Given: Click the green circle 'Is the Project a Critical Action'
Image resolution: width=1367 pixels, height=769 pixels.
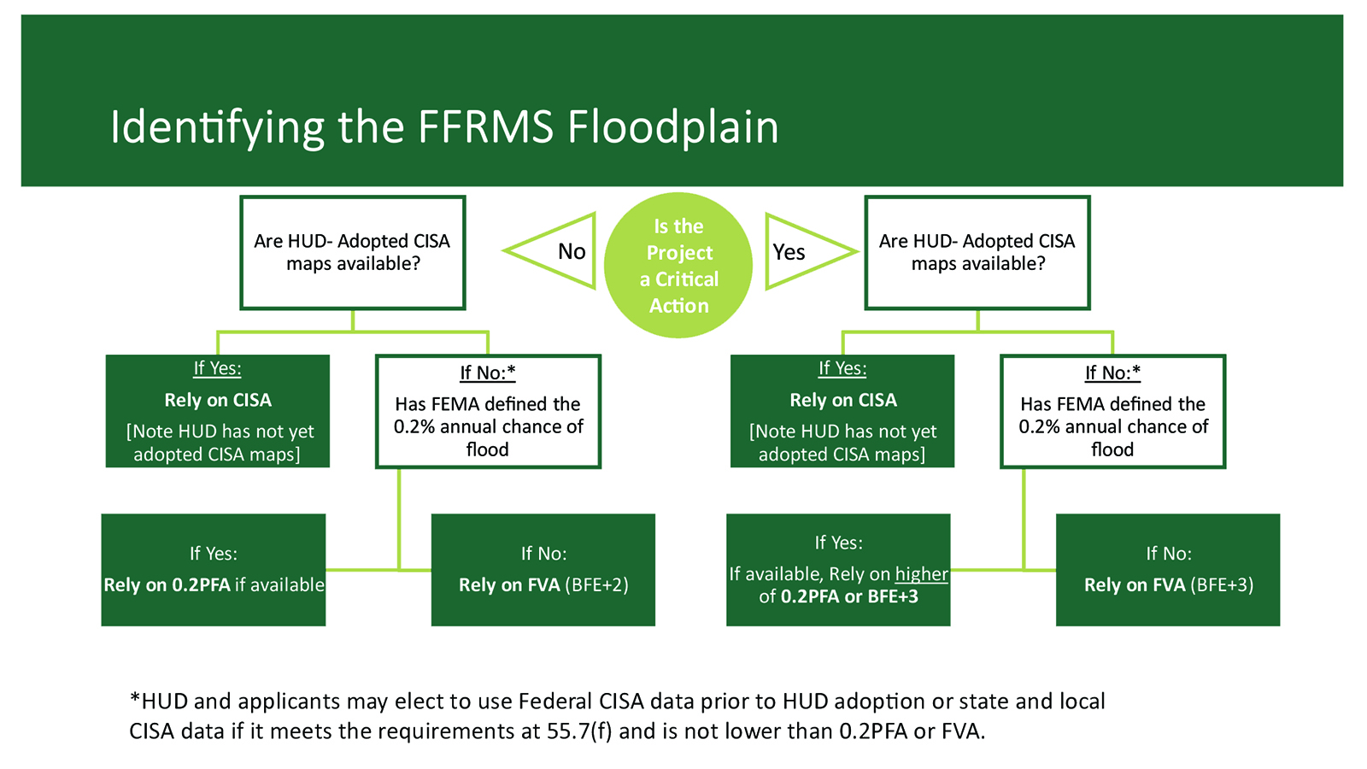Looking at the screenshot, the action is [678, 265].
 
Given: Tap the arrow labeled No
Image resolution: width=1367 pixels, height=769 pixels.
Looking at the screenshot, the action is [549, 251].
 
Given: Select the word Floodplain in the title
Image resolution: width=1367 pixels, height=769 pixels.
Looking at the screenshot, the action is [673, 128].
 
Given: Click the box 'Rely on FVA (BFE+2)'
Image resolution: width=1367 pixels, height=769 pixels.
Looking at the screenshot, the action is [543, 569].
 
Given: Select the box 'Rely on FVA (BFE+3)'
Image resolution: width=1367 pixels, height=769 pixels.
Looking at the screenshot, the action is [1168, 569].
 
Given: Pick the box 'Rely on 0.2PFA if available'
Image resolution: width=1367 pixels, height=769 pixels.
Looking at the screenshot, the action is [214, 569].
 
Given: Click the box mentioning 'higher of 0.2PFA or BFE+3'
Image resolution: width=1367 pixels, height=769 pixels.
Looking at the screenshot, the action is [838, 569].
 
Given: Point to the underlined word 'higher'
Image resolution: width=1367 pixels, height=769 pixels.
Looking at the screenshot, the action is [922, 574].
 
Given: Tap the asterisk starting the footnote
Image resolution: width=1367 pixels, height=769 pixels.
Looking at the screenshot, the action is [135, 697].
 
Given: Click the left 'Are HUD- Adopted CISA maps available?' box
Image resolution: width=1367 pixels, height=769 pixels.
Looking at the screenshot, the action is [353, 253].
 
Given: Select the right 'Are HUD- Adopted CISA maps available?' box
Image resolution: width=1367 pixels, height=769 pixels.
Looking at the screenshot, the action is [977, 253].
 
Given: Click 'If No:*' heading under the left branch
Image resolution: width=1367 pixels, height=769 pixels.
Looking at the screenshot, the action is [488, 373].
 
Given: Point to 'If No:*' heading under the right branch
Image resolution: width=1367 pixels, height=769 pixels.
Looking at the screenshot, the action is [1112, 373].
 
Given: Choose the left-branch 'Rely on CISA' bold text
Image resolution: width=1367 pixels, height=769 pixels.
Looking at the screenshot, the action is [218, 400].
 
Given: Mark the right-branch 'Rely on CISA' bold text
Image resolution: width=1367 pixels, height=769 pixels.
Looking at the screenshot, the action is [843, 400].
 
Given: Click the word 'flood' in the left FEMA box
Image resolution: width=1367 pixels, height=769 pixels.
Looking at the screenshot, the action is [487, 449].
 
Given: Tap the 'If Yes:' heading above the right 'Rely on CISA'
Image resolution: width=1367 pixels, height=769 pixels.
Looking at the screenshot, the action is [842, 368].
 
